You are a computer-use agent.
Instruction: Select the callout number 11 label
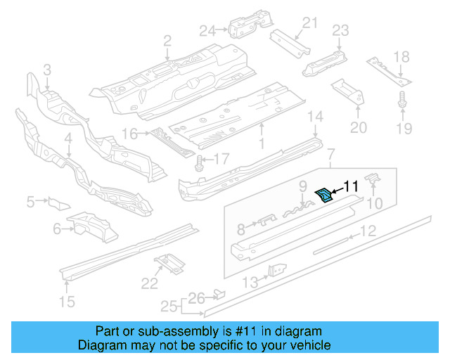point(351,186)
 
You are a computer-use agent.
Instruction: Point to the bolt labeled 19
point(402,100)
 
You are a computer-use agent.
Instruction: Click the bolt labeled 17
point(200,163)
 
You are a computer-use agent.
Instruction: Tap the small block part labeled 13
point(278,270)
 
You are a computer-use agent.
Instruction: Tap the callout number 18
point(401,57)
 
